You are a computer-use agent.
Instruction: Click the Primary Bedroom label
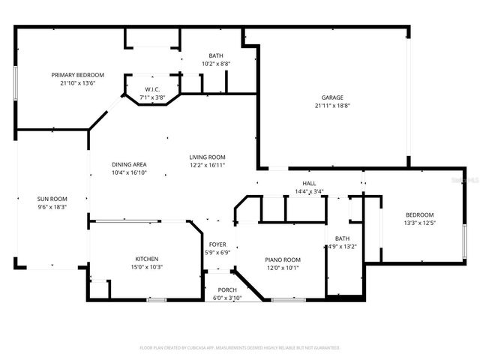77,75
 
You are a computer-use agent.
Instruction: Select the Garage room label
332,97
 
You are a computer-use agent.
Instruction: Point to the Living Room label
207,157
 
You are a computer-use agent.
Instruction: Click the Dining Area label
129,164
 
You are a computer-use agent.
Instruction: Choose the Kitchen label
146,259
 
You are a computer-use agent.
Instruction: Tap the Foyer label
217,244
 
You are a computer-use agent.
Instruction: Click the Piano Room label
283,259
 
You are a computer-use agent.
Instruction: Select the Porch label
227,289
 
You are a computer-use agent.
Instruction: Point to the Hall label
309,183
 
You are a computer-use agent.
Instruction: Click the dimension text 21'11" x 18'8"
332,106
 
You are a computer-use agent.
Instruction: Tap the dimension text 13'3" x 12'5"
420,222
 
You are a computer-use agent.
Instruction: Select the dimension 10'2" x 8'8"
216,64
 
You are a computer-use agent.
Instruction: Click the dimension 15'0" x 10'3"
146,267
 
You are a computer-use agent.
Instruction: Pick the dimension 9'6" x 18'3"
52,207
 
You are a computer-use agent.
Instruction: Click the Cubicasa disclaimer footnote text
240,347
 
